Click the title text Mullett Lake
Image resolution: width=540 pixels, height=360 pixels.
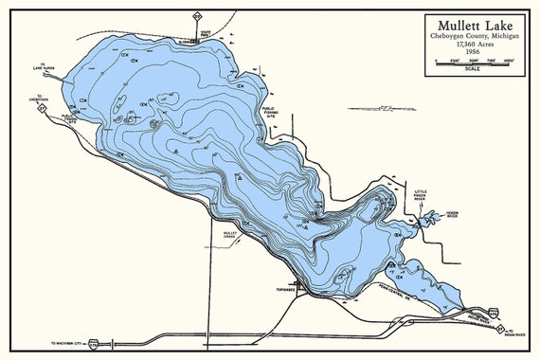pos(471,26)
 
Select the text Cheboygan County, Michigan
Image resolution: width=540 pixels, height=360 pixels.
pos(471,36)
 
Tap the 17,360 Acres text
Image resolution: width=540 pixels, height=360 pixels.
pos(471,45)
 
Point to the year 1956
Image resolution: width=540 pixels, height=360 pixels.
pos(471,53)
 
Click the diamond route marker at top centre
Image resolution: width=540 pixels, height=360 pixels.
pos(196,16)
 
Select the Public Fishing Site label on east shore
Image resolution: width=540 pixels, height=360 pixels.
pos(270,113)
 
